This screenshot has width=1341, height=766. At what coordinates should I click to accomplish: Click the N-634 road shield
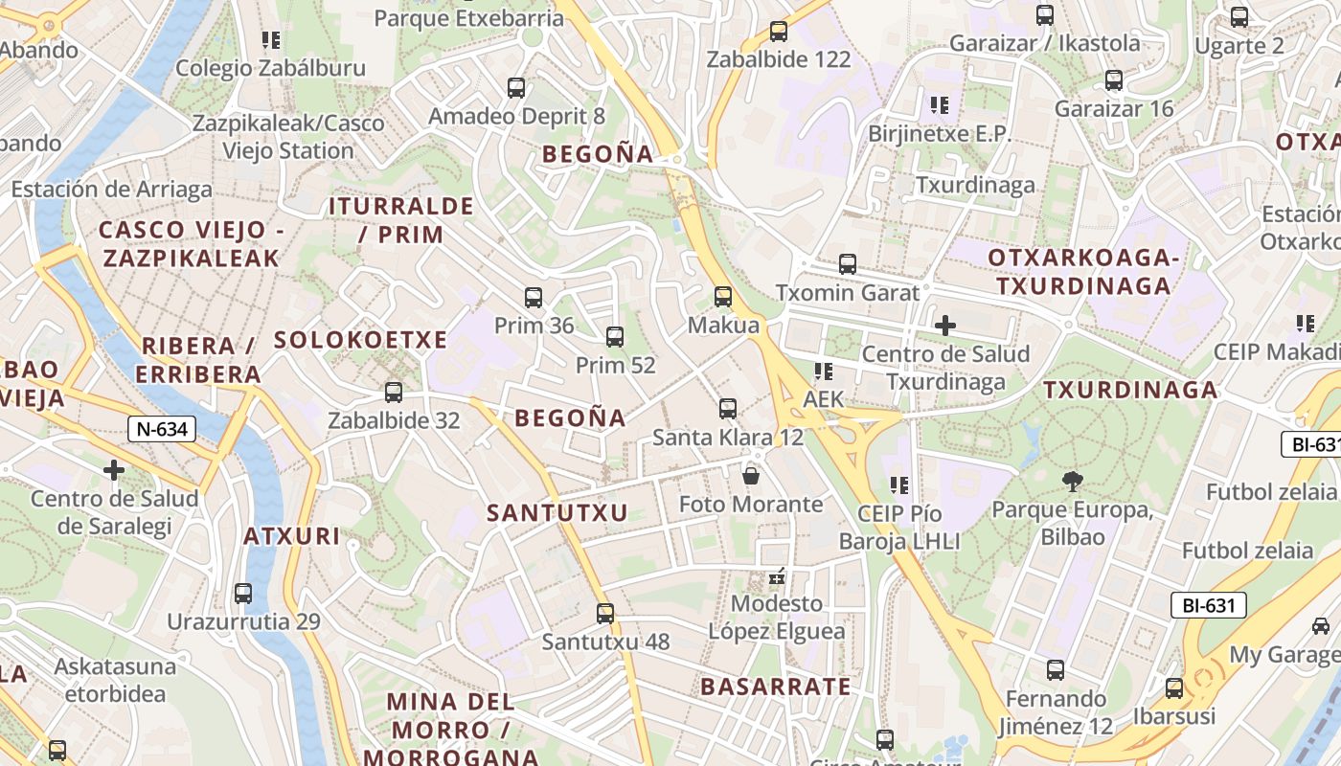tap(162, 429)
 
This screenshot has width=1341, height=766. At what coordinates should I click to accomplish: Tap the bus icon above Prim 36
tap(534, 298)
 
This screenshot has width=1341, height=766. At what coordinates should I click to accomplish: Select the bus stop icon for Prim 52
tap(615, 337)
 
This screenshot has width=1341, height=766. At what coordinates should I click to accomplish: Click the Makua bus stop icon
tap(723, 297)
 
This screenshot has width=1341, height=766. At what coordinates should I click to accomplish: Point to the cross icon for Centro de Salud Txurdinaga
tap(945, 326)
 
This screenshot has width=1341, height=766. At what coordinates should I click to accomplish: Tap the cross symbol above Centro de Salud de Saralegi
tap(114, 470)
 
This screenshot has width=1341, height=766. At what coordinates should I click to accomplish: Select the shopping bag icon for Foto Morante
tap(751, 476)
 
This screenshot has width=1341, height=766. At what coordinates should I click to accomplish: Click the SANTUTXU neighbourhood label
tap(557, 513)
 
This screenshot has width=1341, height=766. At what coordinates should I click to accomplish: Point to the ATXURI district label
tap(291, 536)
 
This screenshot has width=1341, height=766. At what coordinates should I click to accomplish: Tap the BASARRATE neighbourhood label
tap(776, 687)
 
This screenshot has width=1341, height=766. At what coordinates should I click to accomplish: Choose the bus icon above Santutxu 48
tap(605, 614)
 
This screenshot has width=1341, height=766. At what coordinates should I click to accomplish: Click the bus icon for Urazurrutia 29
tap(243, 594)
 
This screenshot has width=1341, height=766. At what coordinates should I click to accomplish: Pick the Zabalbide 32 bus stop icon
tap(394, 393)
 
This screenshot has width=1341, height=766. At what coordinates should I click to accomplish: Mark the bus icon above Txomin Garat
tap(848, 264)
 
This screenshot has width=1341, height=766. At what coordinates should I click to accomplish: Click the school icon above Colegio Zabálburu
tap(271, 40)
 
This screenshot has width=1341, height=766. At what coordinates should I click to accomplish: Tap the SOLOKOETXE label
tap(361, 340)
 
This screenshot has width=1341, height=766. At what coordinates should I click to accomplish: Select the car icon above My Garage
tap(1321, 626)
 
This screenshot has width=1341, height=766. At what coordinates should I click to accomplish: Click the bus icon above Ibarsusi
tap(1174, 688)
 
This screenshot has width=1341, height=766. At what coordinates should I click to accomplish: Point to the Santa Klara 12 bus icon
tap(728, 409)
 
